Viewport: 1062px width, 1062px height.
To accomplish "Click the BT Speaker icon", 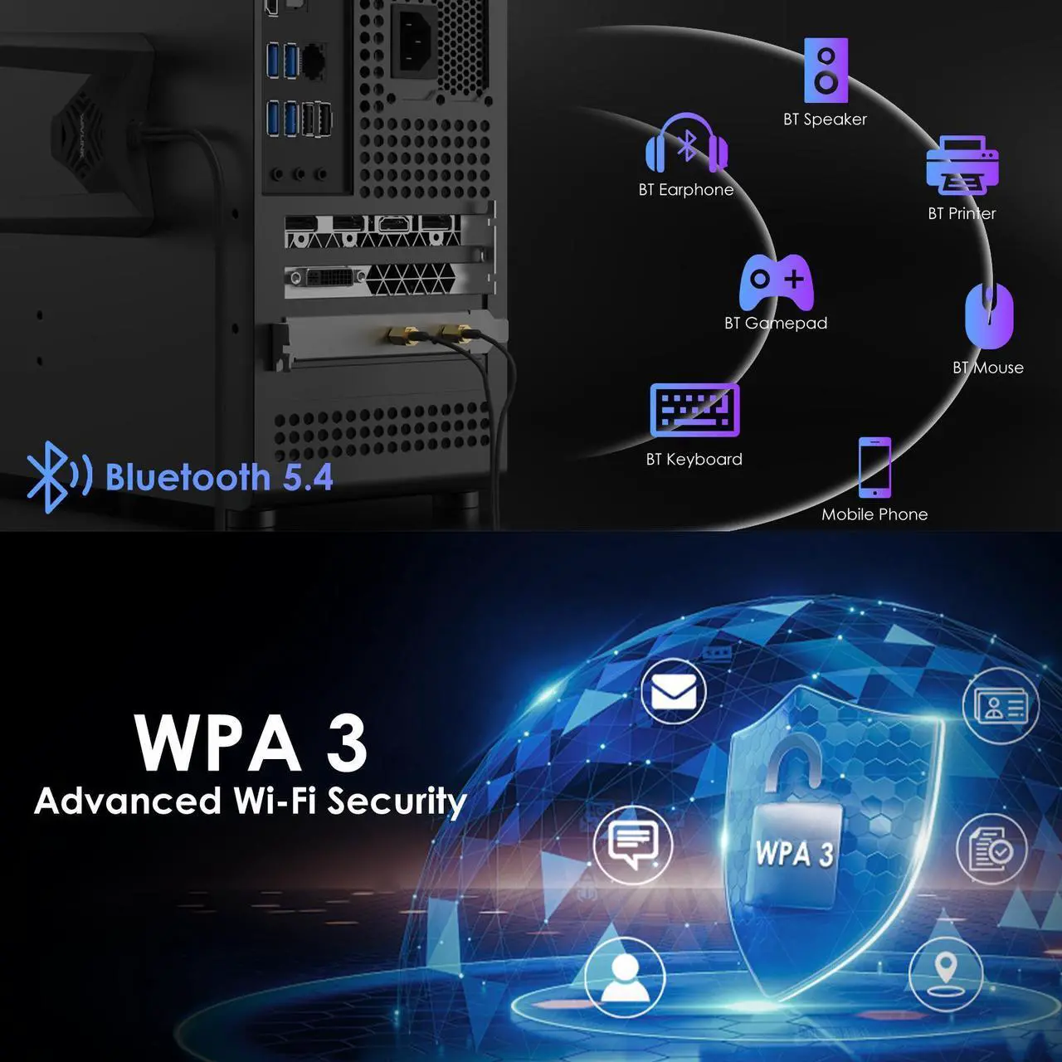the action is [826, 71].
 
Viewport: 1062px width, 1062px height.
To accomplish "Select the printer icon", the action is [962, 166].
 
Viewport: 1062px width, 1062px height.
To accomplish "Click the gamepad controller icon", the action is [776, 282].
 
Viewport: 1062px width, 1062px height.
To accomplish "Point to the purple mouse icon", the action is [989, 315].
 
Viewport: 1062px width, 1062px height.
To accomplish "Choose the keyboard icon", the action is [694, 410].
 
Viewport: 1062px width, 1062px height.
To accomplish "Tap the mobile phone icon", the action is [874, 467].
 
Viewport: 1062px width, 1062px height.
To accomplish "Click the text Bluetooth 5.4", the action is [219, 478].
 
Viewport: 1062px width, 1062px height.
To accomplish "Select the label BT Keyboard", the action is [694, 460].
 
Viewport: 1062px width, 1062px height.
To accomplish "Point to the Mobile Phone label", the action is [874, 514].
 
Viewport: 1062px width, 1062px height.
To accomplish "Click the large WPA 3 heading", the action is [251, 743].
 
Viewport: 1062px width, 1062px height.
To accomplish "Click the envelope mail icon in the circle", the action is [673, 691].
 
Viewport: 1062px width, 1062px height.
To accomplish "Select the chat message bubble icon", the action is [632, 844].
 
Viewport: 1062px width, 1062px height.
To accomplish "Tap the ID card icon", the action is [1000, 706].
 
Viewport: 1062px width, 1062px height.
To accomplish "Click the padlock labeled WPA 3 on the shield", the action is [794, 846].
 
